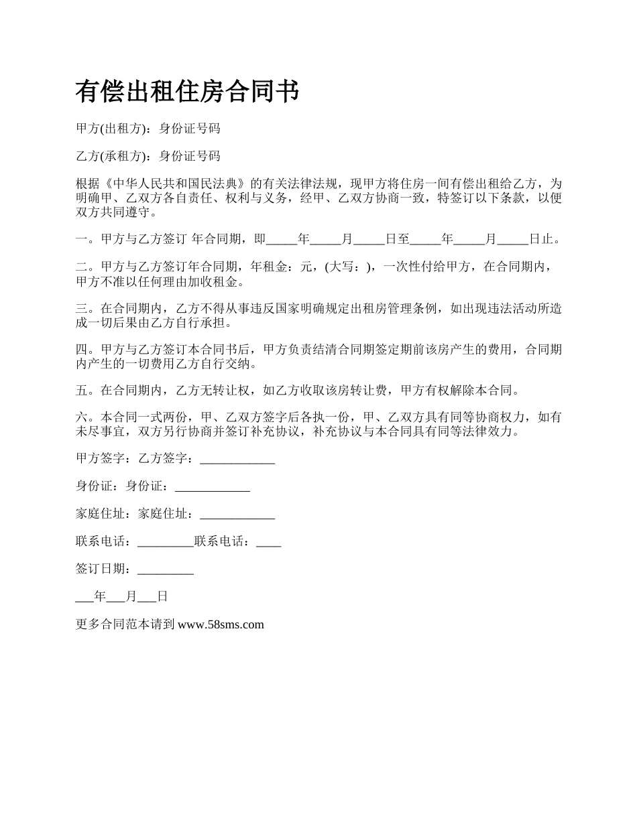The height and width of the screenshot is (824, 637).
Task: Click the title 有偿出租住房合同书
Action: [x=187, y=92]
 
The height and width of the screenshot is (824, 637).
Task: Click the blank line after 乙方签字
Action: [x=237, y=460]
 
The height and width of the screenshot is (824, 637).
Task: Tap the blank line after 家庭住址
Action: [x=237, y=515]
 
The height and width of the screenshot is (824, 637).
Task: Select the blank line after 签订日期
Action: [x=165, y=570]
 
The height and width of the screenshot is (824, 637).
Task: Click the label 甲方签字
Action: [x=103, y=459]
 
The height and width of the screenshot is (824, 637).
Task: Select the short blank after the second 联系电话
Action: [x=268, y=543]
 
